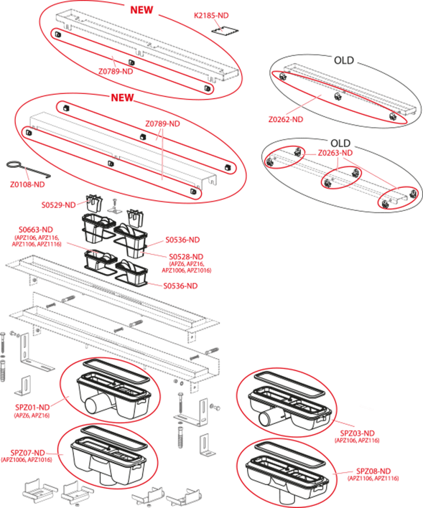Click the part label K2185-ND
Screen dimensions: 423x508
click(x=211, y=16)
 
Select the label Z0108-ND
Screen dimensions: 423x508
click(x=27, y=185)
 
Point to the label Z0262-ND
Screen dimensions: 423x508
click(x=286, y=119)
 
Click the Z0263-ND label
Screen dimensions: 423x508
click(x=335, y=153)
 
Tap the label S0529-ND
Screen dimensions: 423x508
click(x=58, y=205)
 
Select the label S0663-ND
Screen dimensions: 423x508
click(x=36, y=230)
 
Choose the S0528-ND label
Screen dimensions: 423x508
click(x=186, y=257)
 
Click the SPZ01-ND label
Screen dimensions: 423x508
click(x=32, y=407)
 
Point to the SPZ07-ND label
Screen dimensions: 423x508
click(x=27, y=453)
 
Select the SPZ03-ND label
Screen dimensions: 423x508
click(x=357, y=433)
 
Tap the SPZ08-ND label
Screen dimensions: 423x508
click(x=373, y=471)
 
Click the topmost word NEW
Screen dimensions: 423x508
click(x=142, y=10)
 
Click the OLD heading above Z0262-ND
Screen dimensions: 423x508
click(x=344, y=60)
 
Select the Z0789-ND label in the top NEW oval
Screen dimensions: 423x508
click(x=116, y=72)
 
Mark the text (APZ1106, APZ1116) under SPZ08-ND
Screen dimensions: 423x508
click(x=373, y=479)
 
